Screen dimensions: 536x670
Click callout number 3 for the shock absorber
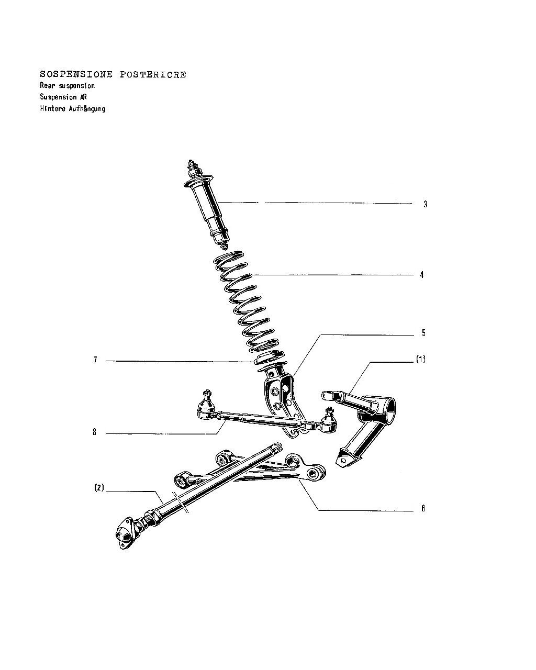click(x=425, y=204)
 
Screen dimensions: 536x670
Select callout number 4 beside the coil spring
click(x=422, y=275)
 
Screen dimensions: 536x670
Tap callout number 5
click(x=423, y=333)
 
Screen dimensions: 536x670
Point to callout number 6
click(x=423, y=508)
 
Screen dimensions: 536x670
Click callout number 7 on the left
click(x=95, y=360)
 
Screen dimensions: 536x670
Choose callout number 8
click(x=94, y=432)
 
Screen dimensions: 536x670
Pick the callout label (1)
click(x=421, y=359)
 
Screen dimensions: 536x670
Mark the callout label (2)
click(x=99, y=487)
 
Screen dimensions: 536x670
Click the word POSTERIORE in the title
click(x=153, y=75)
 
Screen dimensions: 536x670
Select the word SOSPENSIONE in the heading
click(x=76, y=74)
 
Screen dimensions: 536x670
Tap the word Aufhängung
click(x=87, y=109)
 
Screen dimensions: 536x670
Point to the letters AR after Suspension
click(x=83, y=97)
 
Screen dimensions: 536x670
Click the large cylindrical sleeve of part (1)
click(x=386, y=410)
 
